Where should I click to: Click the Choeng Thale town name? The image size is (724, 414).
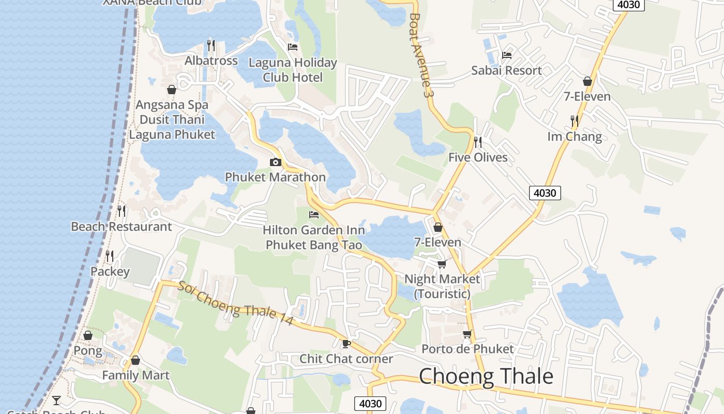(486, 376)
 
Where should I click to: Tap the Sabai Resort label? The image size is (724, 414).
(506, 70)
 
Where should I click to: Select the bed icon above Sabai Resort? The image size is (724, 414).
(506, 55)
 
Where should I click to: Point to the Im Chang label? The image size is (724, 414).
(575, 137)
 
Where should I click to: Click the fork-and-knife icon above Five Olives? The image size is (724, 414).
(478, 141)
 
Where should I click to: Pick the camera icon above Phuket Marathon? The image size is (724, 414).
(275, 162)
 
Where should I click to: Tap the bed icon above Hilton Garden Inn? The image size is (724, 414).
(313, 214)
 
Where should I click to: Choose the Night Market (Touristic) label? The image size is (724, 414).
(442, 286)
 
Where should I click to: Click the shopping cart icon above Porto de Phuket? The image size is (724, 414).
(467, 334)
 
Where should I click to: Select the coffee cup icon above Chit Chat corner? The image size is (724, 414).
(346, 343)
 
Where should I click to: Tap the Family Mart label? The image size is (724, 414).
(135, 375)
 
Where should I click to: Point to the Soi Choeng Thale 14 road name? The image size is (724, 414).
(236, 304)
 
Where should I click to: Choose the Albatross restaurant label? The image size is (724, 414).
(211, 61)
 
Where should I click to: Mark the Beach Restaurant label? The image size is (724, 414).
(121, 227)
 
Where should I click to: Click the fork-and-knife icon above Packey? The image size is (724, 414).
(110, 256)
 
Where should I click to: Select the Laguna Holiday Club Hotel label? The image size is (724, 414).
(293, 70)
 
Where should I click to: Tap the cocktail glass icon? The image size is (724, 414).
(56, 400)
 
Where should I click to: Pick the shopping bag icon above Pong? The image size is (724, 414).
(88, 335)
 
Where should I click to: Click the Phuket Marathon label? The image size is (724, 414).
(275, 177)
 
